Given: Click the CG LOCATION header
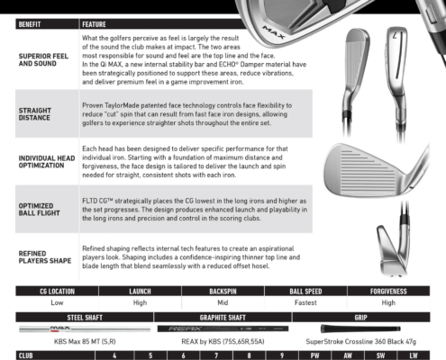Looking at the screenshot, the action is pyautogui.click(x=57, y=292).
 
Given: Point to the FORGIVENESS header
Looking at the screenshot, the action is pyautogui.click(x=388, y=292).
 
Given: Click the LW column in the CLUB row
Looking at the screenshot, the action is pyautogui.click(x=414, y=355).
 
